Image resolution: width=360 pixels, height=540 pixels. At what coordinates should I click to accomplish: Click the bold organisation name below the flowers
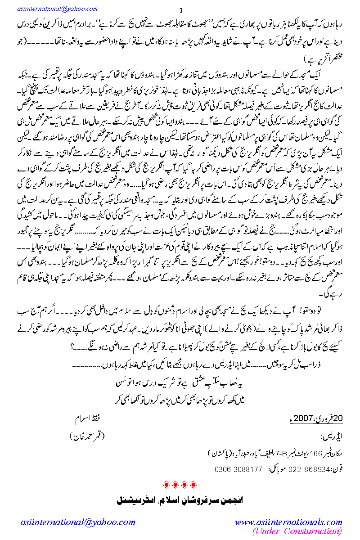point(180,500)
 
